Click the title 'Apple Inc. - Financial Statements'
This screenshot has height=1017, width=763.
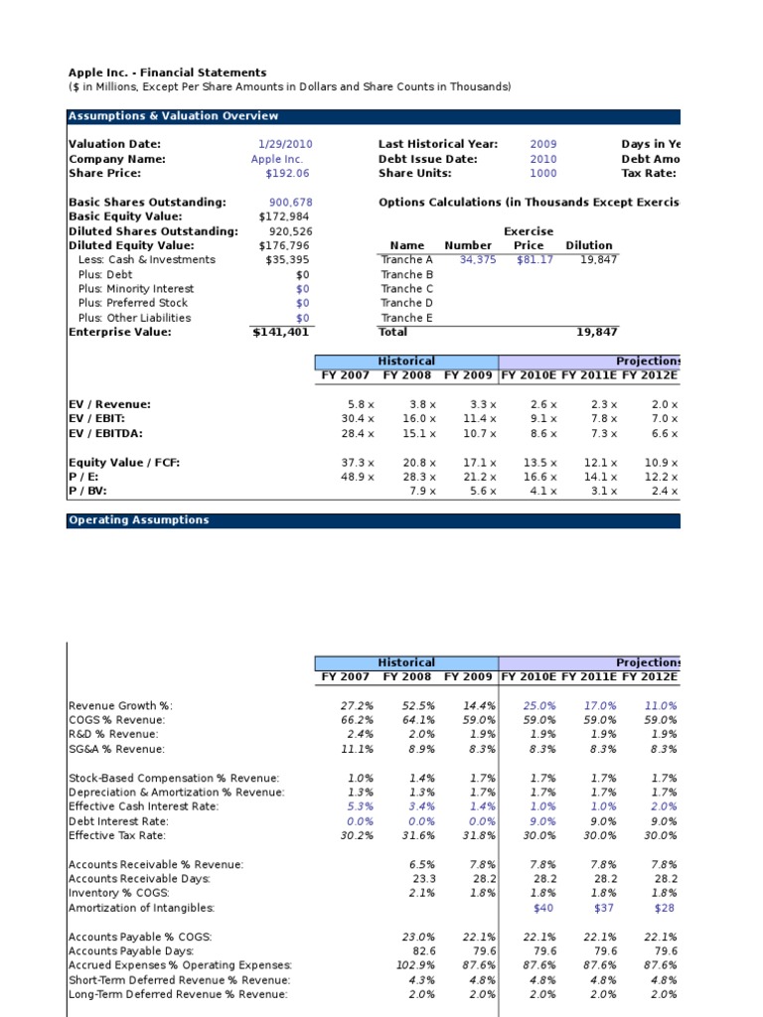(167, 73)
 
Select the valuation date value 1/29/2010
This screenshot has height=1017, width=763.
(285, 144)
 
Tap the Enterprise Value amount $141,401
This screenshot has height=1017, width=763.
(282, 332)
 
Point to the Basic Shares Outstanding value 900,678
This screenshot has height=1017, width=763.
(291, 202)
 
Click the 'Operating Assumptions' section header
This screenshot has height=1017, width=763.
(139, 520)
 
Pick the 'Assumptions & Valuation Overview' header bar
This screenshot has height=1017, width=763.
(159, 116)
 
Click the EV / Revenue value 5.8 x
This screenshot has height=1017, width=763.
(359, 404)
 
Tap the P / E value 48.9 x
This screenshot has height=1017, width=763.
(357, 477)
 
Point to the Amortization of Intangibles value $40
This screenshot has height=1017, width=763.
(543, 908)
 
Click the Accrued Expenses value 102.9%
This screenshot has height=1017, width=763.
(414, 965)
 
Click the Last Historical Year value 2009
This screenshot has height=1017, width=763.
(543, 144)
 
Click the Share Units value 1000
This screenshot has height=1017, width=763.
(543, 173)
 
